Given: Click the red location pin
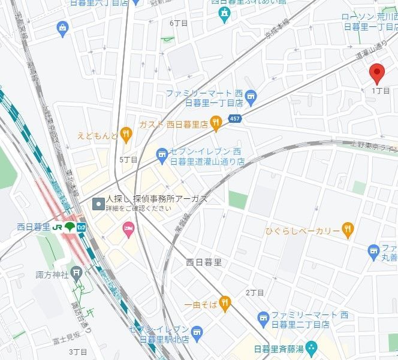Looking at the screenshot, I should coord(376,73).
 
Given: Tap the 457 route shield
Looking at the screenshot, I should coord(235,120).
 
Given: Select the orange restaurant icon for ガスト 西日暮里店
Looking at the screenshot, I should coord(216,124).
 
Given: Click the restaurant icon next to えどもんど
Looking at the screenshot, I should coord(125,135).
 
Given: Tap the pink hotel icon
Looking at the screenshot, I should coord(128,228).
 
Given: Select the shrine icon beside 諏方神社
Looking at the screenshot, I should coord(76,274).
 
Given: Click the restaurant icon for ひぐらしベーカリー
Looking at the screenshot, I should coord(347,230).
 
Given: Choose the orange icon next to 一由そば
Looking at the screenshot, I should coord(225,304).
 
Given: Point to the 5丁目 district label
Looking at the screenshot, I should coord(128,160).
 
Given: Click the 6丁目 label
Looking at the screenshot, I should coord(179,23).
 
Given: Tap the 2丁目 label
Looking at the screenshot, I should coord(255,292).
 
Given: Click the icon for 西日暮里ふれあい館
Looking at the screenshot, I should coord(224,13).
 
